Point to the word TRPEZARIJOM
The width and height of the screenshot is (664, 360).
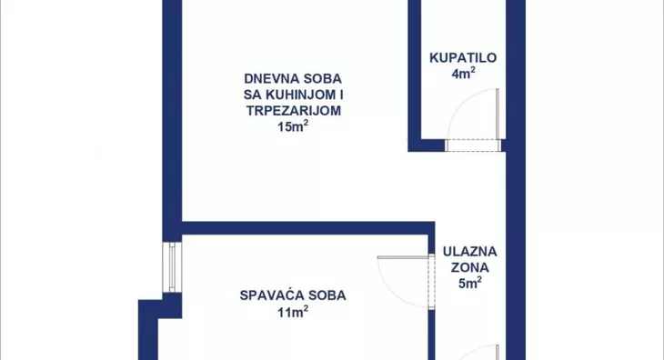point(292,110)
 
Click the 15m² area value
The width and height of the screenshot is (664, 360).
point(292,127)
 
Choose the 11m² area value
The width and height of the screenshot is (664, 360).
point(292,312)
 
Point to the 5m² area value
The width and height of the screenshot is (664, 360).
point(469,284)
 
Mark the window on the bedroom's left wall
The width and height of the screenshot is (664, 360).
point(169,267)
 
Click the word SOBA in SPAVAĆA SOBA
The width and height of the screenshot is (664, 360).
point(327,295)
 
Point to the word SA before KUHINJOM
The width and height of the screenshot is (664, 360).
point(252,94)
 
